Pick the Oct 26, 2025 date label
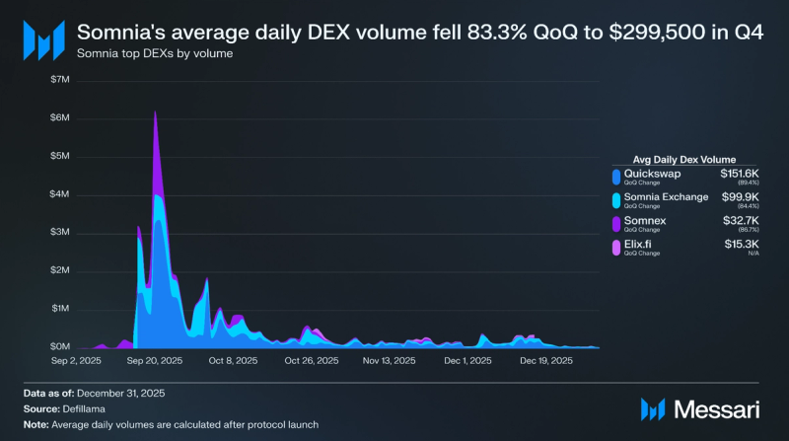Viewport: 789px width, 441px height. click(x=312, y=362)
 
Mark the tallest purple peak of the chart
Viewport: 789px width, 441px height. click(x=156, y=112)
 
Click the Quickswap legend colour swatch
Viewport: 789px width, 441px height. click(x=616, y=178)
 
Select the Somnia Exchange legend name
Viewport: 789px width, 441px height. click(x=667, y=197)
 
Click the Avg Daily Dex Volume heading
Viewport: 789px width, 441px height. click(x=676, y=158)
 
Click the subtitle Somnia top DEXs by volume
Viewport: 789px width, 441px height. click(x=155, y=53)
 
